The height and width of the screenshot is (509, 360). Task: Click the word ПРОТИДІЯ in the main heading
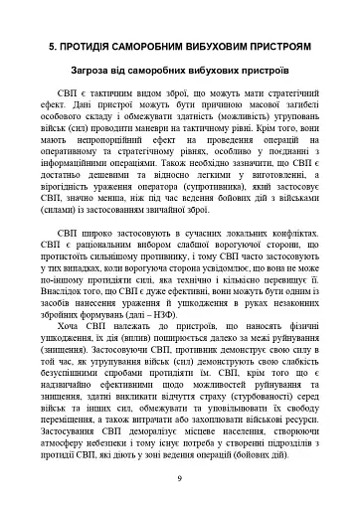tap(98, 46)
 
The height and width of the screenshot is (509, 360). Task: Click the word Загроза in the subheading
tap(121, 73)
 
